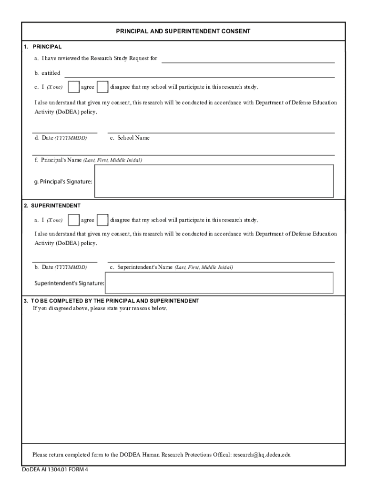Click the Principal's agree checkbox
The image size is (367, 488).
tap(73, 87)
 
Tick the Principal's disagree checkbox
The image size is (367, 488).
tap(102, 87)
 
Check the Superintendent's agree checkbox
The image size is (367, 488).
tap(73, 220)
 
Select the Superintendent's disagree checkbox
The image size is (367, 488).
tap(102, 220)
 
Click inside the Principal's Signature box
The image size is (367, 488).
tap(214, 181)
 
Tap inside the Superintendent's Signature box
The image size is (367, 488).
tap(219, 283)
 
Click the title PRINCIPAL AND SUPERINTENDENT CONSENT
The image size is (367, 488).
tap(183, 31)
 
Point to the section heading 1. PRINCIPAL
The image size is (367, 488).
tap(43, 47)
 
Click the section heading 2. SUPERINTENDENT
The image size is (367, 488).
tap(52, 205)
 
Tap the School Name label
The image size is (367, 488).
tap(130, 138)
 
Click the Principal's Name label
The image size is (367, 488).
tap(88, 160)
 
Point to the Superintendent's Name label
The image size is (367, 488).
tap(171, 267)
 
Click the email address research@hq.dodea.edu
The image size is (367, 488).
tap(262, 455)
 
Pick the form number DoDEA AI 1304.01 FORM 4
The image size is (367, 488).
tap(55, 469)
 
